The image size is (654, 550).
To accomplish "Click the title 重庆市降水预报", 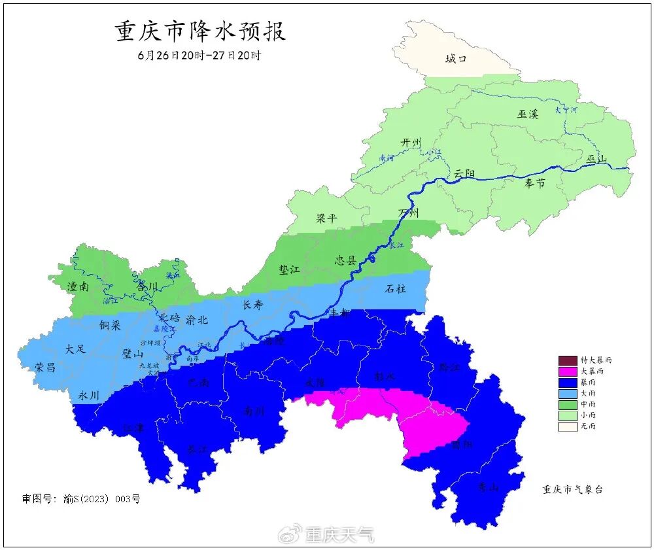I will point(201,31).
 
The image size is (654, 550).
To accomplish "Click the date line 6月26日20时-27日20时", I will point(199,56).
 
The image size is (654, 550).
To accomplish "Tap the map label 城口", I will point(456,60).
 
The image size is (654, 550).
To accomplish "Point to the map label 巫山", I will point(596,160).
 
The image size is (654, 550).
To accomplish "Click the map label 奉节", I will point(534,183).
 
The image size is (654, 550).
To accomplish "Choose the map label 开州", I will point(411,143).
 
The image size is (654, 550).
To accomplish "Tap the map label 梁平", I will point(326,218).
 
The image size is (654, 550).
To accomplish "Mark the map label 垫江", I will point(288,269).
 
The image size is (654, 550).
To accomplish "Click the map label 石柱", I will point(395,288).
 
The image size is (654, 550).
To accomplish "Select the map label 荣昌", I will point(45,367).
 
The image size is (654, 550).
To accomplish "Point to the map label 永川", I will point(88,395).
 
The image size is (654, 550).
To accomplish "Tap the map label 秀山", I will point(489,486).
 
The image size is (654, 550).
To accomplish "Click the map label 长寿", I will point(252,305).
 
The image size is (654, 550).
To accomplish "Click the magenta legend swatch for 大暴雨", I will point(568,371).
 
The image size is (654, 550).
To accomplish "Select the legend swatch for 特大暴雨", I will point(568,360).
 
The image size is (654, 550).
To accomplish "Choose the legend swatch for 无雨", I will point(568,426).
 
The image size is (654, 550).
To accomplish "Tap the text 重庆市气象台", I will point(572,489).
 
